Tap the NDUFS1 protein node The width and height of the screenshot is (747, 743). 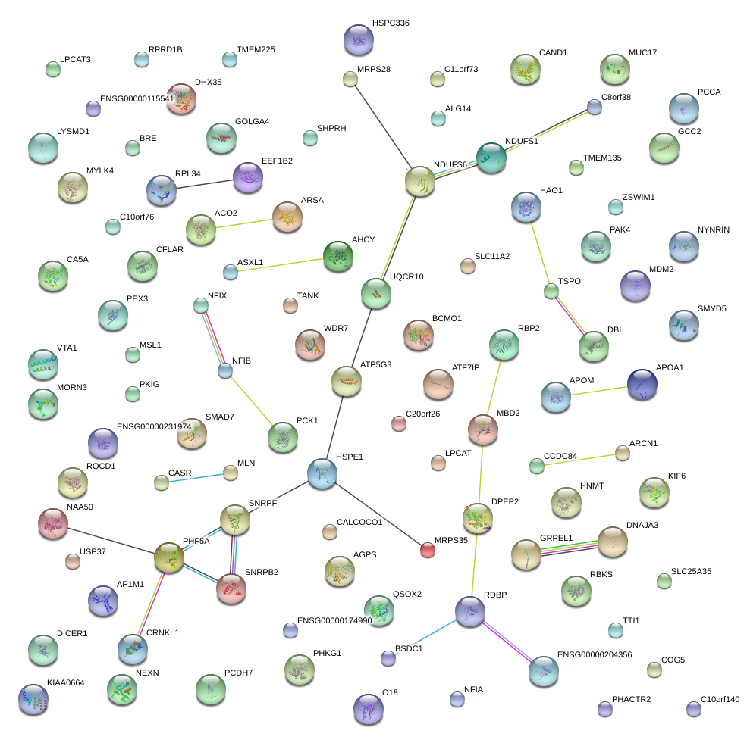(x=491, y=157)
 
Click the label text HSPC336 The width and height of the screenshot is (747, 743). (x=391, y=23)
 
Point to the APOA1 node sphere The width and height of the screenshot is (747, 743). (x=642, y=384)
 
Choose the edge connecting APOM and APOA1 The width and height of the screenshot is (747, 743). (x=599, y=390)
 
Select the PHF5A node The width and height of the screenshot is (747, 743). (x=168, y=557)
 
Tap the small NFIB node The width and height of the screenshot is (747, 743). (x=224, y=370)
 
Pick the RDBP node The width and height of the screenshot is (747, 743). (x=469, y=610)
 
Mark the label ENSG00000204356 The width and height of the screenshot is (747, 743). (x=594, y=654)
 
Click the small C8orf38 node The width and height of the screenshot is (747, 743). (x=595, y=107)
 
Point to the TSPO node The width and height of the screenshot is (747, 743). (x=551, y=291)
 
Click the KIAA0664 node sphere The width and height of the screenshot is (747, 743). (x=33, y=698)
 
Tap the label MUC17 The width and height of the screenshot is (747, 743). (x=642, y=53)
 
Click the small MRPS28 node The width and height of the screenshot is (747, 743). (x=350, y=78)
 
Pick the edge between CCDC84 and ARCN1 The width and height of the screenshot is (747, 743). (x=579, y=460)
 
